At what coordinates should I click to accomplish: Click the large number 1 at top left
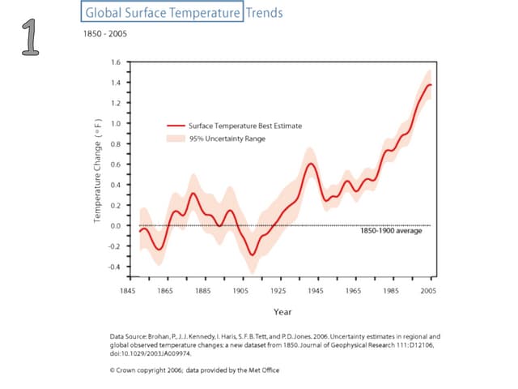[x=31, y=40]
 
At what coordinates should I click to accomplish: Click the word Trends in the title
[x=264, y=13]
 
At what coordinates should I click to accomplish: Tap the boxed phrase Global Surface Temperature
[x=163, y=13]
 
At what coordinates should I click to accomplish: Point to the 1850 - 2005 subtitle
[x=105, y=33]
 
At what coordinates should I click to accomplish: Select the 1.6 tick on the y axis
[x=115, y=62]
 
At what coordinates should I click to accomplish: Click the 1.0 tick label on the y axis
[x=115, y=124]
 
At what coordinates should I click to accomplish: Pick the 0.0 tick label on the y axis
[x=115, y=226]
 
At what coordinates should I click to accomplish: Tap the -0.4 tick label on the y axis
[x=113, y=267]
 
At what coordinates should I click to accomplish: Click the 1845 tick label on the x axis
[x=127, y=289]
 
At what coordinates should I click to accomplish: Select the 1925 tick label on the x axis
[x=278, y=289]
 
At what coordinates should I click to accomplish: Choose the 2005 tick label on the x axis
[x=429, y=289]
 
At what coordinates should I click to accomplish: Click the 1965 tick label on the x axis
[x=354, y=289]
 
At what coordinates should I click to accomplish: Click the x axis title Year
[x=282, y=311]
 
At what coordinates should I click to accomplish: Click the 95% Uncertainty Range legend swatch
[x=175, y=139]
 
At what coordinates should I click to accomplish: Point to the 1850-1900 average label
[x=391, y=231]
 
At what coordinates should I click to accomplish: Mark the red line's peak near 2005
[x=429, y=84]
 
